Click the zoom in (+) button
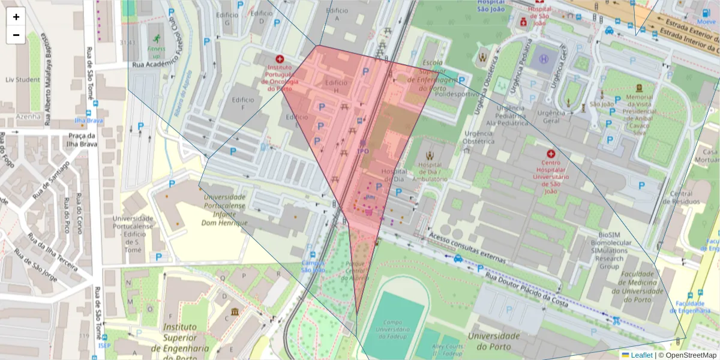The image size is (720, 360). click(x=16, y=17)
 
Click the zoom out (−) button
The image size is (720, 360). click(x=16, y=35)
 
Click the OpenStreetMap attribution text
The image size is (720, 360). click(x=688, y=355)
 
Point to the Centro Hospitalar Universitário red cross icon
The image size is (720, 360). click(x=551, y=154)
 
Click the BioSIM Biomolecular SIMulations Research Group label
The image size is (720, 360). click(x=609, y=250)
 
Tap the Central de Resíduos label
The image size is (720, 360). click(x=681, y=197)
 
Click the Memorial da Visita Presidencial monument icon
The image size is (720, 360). click(x=638, y=88)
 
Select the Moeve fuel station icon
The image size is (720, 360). click(x=706, y=13)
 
